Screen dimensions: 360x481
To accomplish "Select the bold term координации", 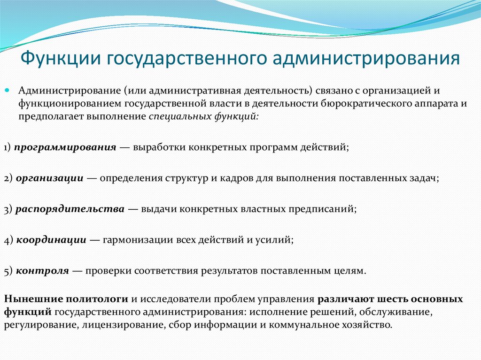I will [x=51, y=240].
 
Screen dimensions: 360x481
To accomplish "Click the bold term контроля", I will [x=43, y=271].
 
